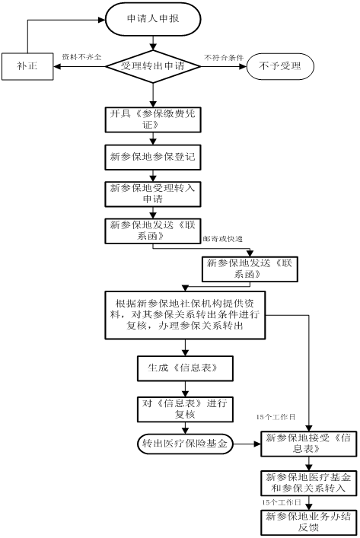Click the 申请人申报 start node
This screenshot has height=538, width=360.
click(x=153, y=19)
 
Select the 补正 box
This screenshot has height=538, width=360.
click(x=27, y=66)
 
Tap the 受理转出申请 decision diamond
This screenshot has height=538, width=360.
click(x=153, y=66)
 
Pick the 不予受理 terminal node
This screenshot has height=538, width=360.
click(x=280, y=66)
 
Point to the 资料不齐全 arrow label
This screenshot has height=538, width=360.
click(x=81, y=57)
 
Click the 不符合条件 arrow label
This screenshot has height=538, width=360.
click(x=224, y=57)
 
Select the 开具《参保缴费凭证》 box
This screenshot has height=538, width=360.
click(x=153, y=119)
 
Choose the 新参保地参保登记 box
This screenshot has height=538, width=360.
click(x=153, y=158)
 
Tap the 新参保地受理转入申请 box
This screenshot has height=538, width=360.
click(x=153, y=194)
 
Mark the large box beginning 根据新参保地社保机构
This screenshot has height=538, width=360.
click(x=185, y=315)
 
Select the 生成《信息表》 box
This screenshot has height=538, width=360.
click(x=185, y=368)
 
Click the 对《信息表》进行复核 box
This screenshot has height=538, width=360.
click(x=185, y=409)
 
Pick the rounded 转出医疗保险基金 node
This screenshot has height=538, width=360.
click(x=185, y=444)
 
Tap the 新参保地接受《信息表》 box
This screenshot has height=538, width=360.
click(x=309, y=444)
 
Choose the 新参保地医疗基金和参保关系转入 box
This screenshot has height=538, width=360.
click(x=309, y=483)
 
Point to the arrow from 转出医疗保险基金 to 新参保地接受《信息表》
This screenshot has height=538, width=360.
click(x=247, y=444)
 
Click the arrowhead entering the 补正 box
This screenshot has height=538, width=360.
click(x=57, y=66)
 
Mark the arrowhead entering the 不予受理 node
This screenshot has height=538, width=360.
click(x=244, y=66)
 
